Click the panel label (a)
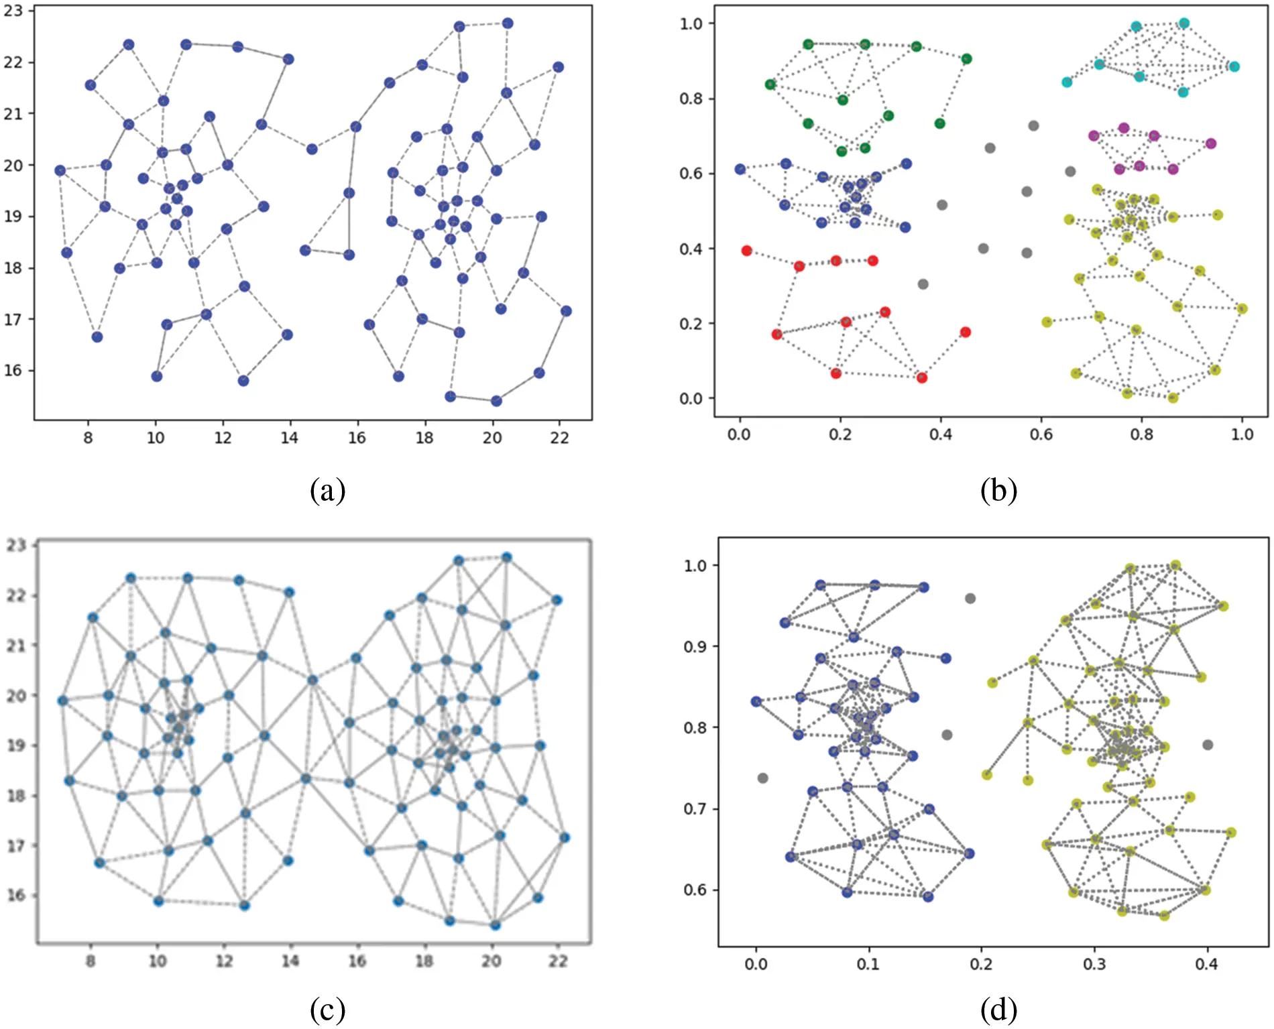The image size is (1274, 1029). point(327,491)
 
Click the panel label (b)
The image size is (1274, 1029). point(998,491)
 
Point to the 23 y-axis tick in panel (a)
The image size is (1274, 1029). point(13,11)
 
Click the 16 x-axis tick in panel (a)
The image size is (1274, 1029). point(357,438)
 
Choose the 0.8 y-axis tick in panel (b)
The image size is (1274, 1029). point(691,99)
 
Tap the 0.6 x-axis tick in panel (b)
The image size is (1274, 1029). point(1041,434)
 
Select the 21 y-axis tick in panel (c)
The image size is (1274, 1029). point(17,646)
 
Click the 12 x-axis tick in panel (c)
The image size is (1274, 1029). point(224,961)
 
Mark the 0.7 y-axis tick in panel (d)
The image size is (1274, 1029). point(695,808)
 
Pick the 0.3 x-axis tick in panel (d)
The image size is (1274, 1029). point(1094,964)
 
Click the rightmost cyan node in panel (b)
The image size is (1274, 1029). point(1234,66)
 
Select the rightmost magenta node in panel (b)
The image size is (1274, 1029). point(1211,143)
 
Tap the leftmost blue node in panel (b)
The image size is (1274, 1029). point(740,169)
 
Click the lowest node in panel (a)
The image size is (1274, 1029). point(496,401)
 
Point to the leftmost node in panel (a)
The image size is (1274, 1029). point(60,170)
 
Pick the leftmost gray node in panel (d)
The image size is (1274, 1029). point(762,778)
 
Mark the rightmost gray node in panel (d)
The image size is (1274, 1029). point(1208,745)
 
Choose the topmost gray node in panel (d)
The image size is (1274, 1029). point(970,599)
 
